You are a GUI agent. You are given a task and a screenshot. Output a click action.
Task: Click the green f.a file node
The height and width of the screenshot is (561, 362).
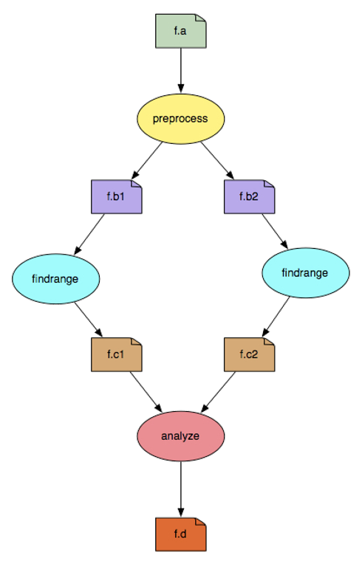(x=181, y=31)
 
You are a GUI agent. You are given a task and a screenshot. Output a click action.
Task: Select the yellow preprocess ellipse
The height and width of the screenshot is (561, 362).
(x=181, y=119)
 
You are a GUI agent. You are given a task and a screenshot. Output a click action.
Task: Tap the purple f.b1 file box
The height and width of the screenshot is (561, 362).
(x=117, y=197)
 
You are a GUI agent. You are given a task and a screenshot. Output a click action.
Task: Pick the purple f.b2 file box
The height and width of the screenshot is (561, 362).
(x=250, y=197)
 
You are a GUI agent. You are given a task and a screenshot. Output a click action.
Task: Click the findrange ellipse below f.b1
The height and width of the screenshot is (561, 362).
(x=56, y=279)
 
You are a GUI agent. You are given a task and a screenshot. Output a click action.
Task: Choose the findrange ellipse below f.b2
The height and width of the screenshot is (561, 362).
(x=305, y=272)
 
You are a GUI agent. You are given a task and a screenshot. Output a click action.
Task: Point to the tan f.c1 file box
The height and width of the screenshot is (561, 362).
(x=117, y=354)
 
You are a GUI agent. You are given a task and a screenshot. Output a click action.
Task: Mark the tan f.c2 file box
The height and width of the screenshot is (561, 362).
(x=250, y=354)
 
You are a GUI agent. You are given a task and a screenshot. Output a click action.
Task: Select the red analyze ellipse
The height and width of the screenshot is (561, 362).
(x=181, y=436)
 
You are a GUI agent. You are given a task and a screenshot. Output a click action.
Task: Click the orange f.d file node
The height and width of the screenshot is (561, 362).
(x=181, y=534)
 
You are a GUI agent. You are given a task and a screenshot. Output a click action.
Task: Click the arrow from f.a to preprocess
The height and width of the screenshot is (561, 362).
(x=181, y=70)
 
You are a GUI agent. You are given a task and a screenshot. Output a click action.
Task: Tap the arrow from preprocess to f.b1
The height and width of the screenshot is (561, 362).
(x=147, y=161)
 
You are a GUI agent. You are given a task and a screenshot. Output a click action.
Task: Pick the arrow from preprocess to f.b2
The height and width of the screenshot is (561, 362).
(x=217, y=161)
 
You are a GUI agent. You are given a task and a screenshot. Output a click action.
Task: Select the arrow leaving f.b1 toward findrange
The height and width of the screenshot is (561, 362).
(x=89, y=234)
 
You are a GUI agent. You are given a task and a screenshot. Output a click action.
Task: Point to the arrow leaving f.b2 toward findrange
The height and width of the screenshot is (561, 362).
(x=275, y=231)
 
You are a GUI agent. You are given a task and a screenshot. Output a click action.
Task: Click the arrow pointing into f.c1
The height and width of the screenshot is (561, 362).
(x=89, y=320)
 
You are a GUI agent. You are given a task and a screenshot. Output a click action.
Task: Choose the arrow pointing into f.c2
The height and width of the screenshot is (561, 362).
(x=276, y=317)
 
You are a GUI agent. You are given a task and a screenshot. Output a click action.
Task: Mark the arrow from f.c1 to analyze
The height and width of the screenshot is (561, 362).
(x=146, y=392)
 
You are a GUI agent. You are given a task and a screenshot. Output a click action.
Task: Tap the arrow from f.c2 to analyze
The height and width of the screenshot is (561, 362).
(x=219, y=392)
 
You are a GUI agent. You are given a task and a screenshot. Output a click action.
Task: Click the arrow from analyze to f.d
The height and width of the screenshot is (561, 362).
(x=181, y=489)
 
